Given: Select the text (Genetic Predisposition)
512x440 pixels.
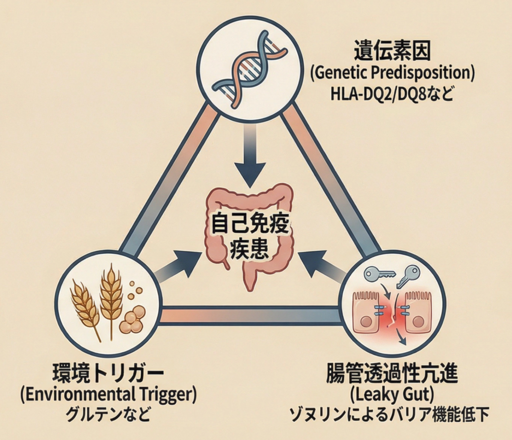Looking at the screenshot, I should coord(392,73).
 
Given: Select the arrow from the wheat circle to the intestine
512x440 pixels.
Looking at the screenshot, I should coord(177,265).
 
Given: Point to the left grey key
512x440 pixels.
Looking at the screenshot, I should coord(378,274).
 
